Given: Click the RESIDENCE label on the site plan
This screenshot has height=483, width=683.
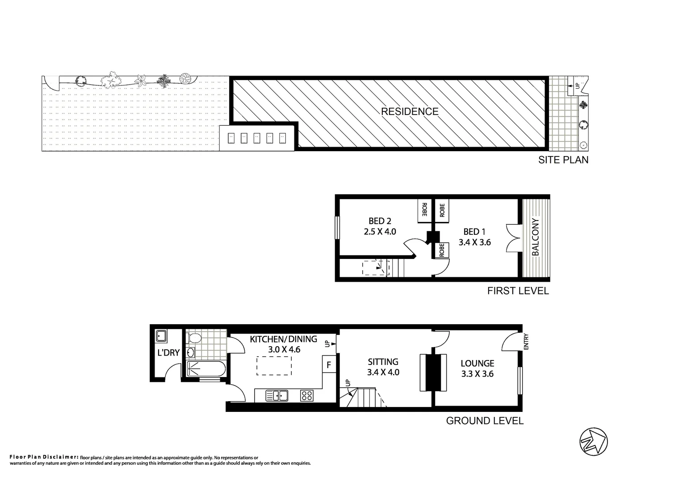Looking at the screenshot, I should tap(410, 111).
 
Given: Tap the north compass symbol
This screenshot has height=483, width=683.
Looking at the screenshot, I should tap(593, 442).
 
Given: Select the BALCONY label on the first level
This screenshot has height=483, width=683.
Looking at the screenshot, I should tap(536, 237).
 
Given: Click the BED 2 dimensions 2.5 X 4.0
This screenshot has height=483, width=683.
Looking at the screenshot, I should tap(380, 232).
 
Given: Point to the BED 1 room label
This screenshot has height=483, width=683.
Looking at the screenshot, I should tap(474, 232).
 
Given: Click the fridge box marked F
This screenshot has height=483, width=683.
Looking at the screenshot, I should tap(329, 365).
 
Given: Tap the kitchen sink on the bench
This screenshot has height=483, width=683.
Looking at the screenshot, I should tap(277, 395).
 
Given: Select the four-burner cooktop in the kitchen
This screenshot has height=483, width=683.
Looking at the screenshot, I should tap(307, 395).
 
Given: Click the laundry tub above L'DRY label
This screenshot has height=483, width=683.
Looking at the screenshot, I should tap(161, 335).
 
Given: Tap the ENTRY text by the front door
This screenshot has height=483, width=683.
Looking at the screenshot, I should tap(526, 342).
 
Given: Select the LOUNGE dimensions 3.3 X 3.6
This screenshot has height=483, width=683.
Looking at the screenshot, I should tap(477, 374).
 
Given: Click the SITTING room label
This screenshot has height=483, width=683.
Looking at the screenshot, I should tap(383, 362).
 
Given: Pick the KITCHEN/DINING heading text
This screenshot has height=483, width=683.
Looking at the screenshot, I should tap(283, 339).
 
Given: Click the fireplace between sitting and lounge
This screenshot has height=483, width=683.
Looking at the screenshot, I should tap(432, 372).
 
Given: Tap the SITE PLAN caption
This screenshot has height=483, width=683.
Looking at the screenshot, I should tap(563, 160).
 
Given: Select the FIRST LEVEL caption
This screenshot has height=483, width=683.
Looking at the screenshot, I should tap(518, 291).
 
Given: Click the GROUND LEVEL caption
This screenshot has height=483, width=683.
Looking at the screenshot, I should tap(485, 421).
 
